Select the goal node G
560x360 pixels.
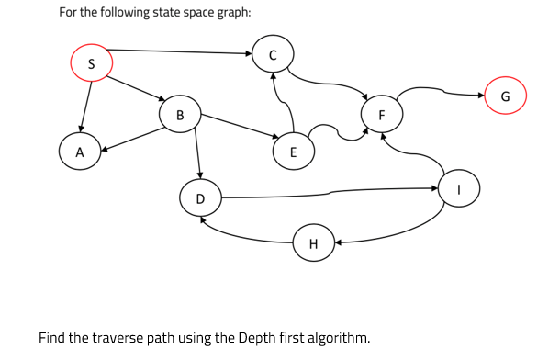pyautogui.click(x=505, y=97)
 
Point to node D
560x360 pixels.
pyautogui.click(x=200, y=198)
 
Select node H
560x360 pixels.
pyautogui.click(x=313, y=244)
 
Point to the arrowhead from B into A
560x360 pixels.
pyautogui.click(x=105, y=146)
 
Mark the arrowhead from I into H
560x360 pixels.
pyautogui.click(x=337, y=243)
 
